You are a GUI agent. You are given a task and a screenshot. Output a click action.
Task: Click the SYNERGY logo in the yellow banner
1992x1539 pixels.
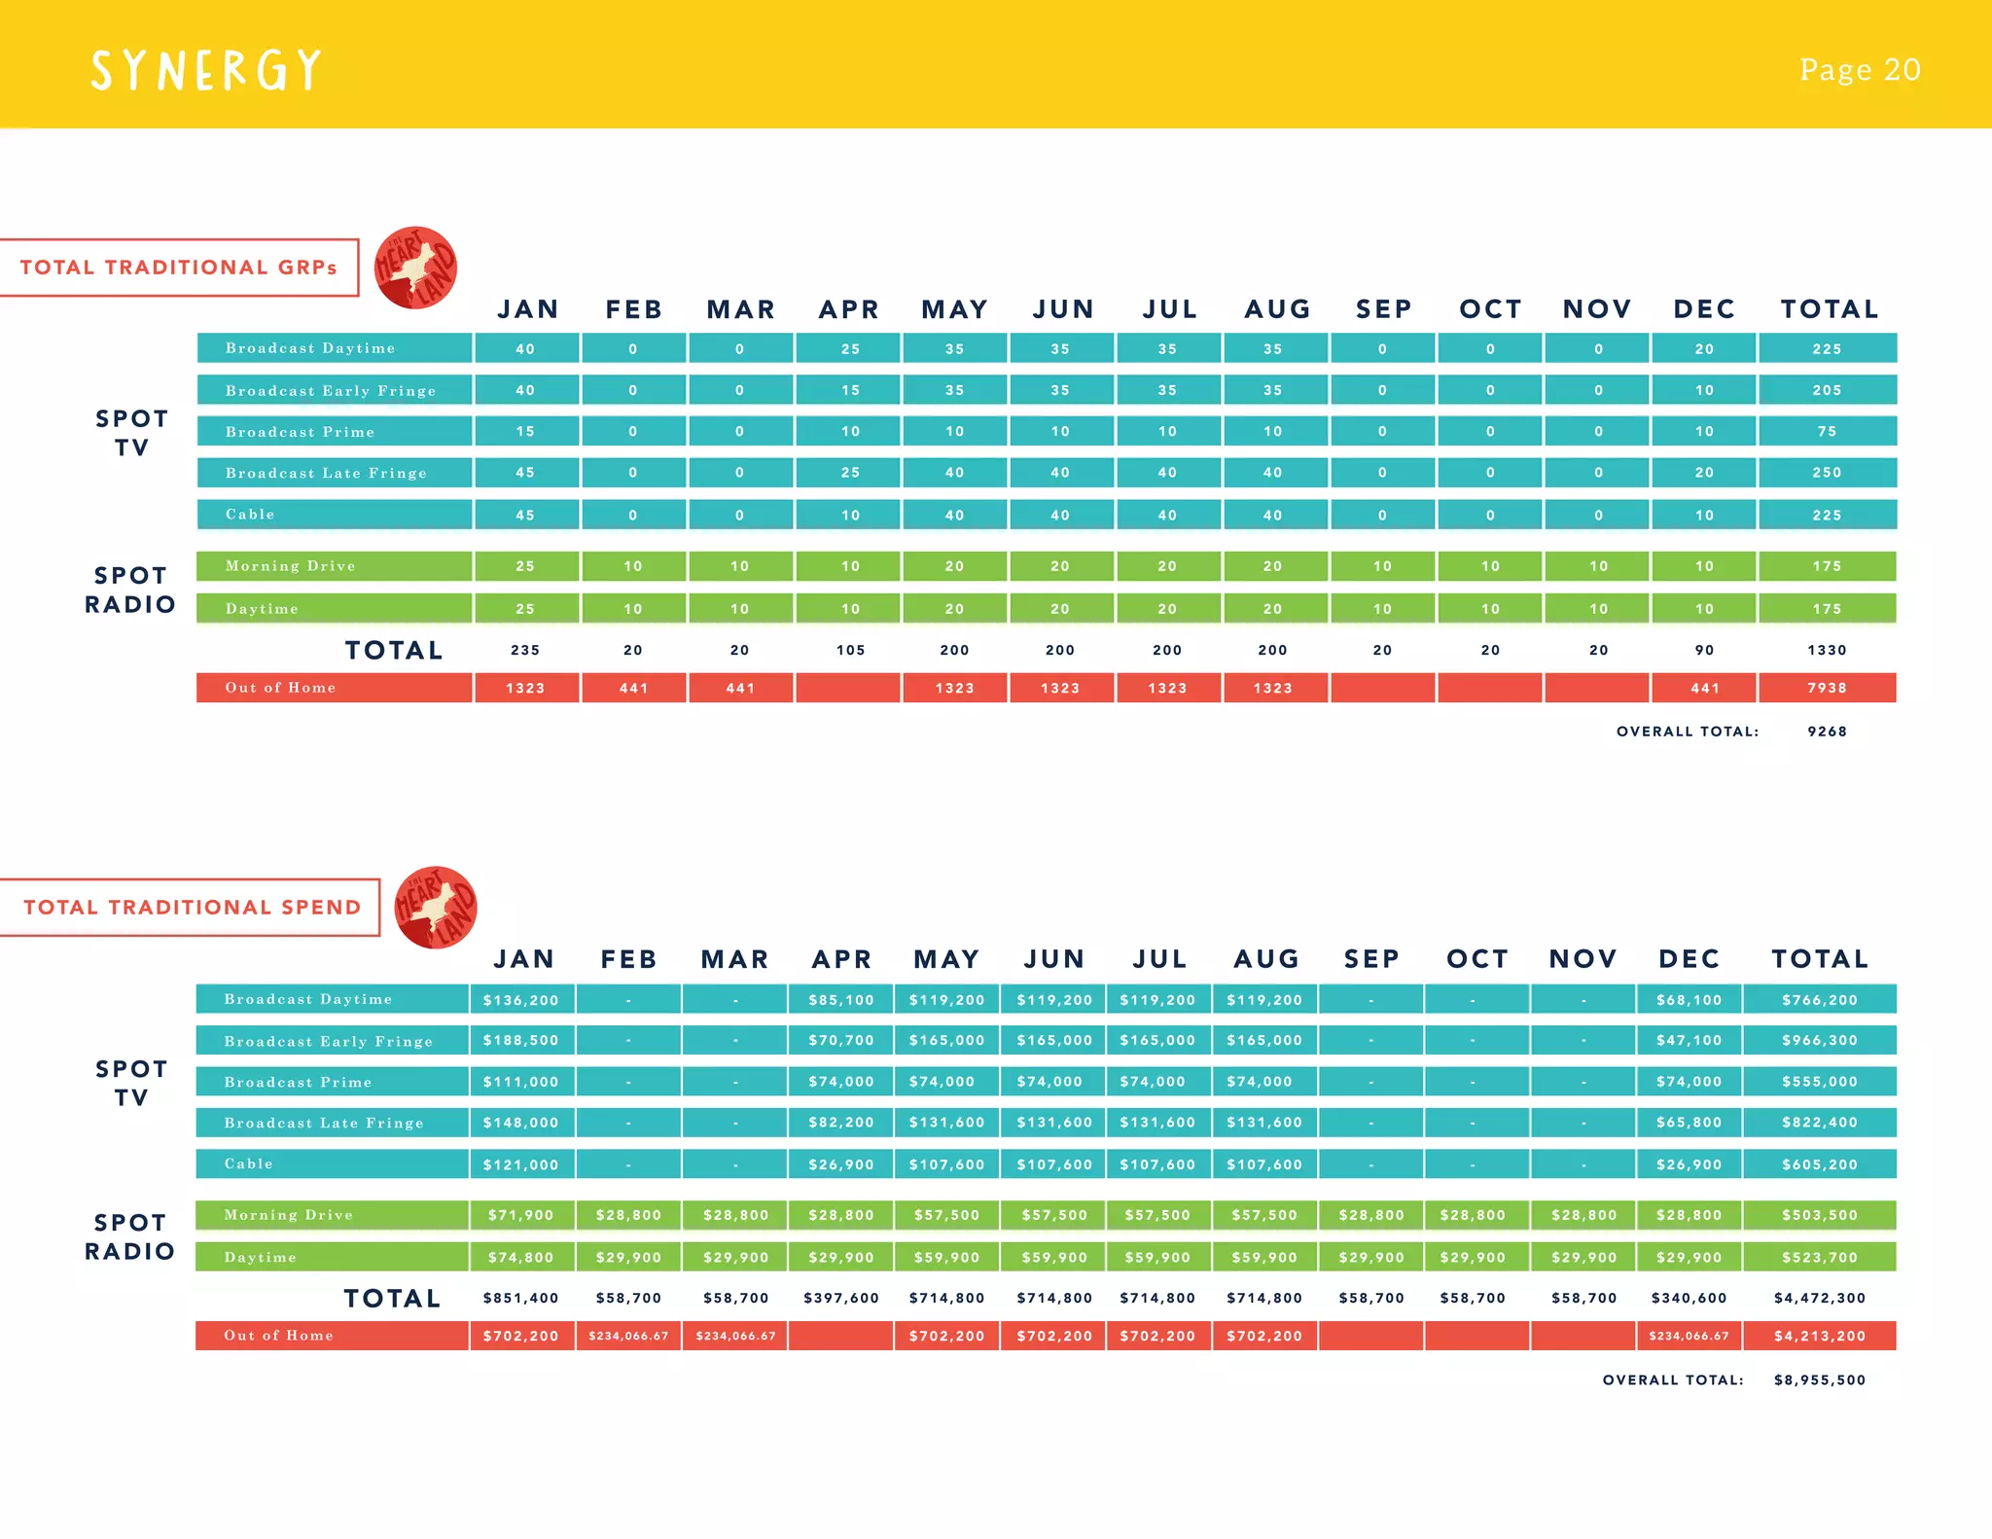click(205, 71)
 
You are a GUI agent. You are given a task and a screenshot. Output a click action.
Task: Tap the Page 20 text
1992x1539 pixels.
click(1859, 70)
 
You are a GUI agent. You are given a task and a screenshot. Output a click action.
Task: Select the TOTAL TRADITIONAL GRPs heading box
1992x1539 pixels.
click(179, 268)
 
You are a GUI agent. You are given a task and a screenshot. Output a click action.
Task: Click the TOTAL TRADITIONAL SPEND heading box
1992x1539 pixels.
click(191, 908)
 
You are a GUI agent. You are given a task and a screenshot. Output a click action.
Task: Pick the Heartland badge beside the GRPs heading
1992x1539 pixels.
click(416, 268)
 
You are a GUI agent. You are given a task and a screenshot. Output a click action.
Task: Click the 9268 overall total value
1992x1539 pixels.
click(1827, 732)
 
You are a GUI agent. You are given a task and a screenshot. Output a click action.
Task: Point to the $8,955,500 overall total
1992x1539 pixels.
click(1819, 1379)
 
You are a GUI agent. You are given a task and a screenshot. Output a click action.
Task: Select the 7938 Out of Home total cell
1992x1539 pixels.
click(1827, 688)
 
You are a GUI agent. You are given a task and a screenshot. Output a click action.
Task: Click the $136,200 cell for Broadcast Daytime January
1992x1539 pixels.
click(521, 1000)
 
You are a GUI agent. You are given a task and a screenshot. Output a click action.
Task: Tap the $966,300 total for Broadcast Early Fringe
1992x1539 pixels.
click(1819, 1040)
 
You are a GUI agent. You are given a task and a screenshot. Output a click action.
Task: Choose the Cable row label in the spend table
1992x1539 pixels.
click(249, 1163)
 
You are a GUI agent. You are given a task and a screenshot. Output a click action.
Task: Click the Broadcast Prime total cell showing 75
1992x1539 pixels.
click(1827, 431)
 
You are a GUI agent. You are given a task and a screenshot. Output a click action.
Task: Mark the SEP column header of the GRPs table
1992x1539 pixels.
click(1383, 309)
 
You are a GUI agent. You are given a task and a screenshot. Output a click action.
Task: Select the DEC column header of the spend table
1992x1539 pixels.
click(1689, 959)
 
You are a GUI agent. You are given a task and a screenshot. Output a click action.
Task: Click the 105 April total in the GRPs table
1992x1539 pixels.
click(850, 650)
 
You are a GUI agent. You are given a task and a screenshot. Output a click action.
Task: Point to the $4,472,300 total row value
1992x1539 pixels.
click(1819, 1298)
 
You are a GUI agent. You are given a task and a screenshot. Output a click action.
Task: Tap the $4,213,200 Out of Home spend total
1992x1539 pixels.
click(1819, 1336)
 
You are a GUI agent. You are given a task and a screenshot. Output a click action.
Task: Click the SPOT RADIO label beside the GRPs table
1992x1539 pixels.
click(130, 590)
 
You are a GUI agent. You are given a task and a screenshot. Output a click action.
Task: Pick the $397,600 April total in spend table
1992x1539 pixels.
click(841, 1298)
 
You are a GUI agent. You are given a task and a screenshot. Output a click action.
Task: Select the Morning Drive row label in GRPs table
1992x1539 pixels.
click(290, 566)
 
